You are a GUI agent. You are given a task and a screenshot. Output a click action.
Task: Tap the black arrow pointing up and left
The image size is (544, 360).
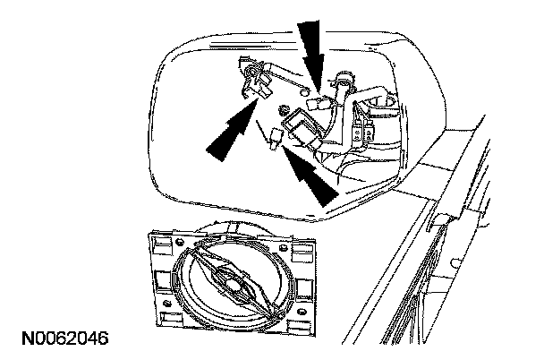[310, 174]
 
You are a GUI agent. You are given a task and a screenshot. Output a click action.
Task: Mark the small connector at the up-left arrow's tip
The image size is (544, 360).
[276, 137]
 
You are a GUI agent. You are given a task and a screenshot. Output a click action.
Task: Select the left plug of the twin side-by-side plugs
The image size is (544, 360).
[358, 135]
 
